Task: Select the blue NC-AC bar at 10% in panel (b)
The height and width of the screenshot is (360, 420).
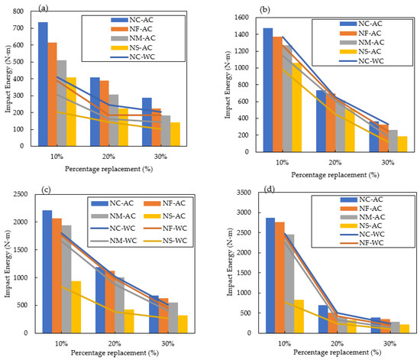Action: (x=268, y=92)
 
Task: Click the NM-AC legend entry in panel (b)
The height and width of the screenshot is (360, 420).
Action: (x=367, y=44)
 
